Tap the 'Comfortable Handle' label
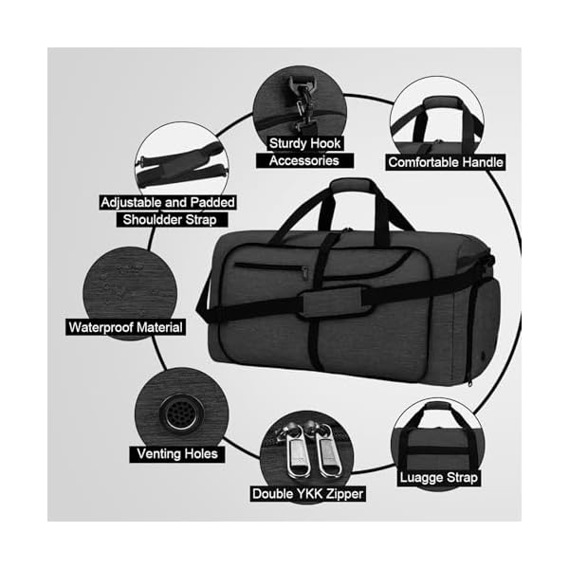tap(446, 162)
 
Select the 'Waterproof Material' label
tap(126, 327)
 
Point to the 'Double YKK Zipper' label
tap(308, 493)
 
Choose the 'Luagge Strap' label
tap(438, 478)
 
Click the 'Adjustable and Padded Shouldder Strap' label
tap(169, 211)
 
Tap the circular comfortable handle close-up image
tap(436, 119)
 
